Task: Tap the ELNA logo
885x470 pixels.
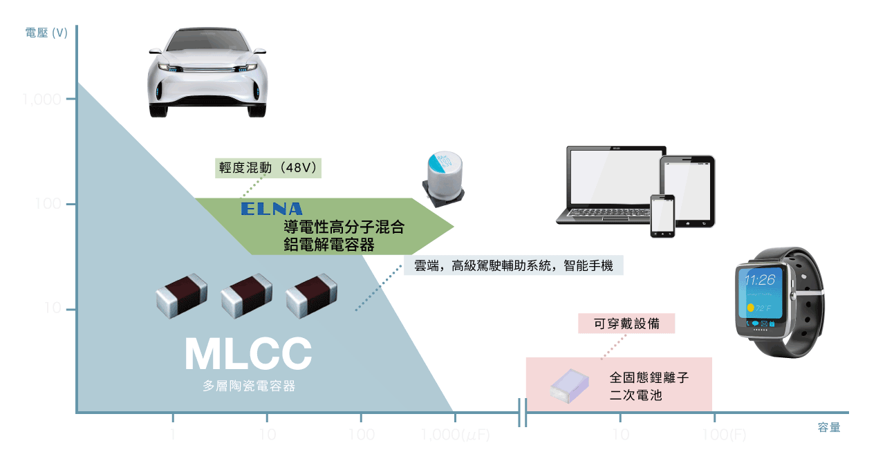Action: click(x=272, y=209)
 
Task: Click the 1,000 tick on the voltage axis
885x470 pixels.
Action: click(x=44, y=100)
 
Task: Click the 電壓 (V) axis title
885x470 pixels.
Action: click(x=46, y=32)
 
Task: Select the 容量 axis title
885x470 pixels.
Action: click(x=828, y=427)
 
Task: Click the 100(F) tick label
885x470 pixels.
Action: click(x=724, y=435)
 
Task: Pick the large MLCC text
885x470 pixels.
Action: click(x=248, y=354)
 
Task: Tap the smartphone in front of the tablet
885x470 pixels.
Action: click(x=662, y=216)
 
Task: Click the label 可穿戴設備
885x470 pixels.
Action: click(x=626, y=323)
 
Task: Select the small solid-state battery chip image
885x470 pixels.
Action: click(x=569, y=384)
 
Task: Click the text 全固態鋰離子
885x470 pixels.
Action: click(x=649, y=378)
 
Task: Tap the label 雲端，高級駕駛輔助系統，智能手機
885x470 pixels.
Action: click(x=513, y=265)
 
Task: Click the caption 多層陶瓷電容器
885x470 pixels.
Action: click(x=248, y=386)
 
